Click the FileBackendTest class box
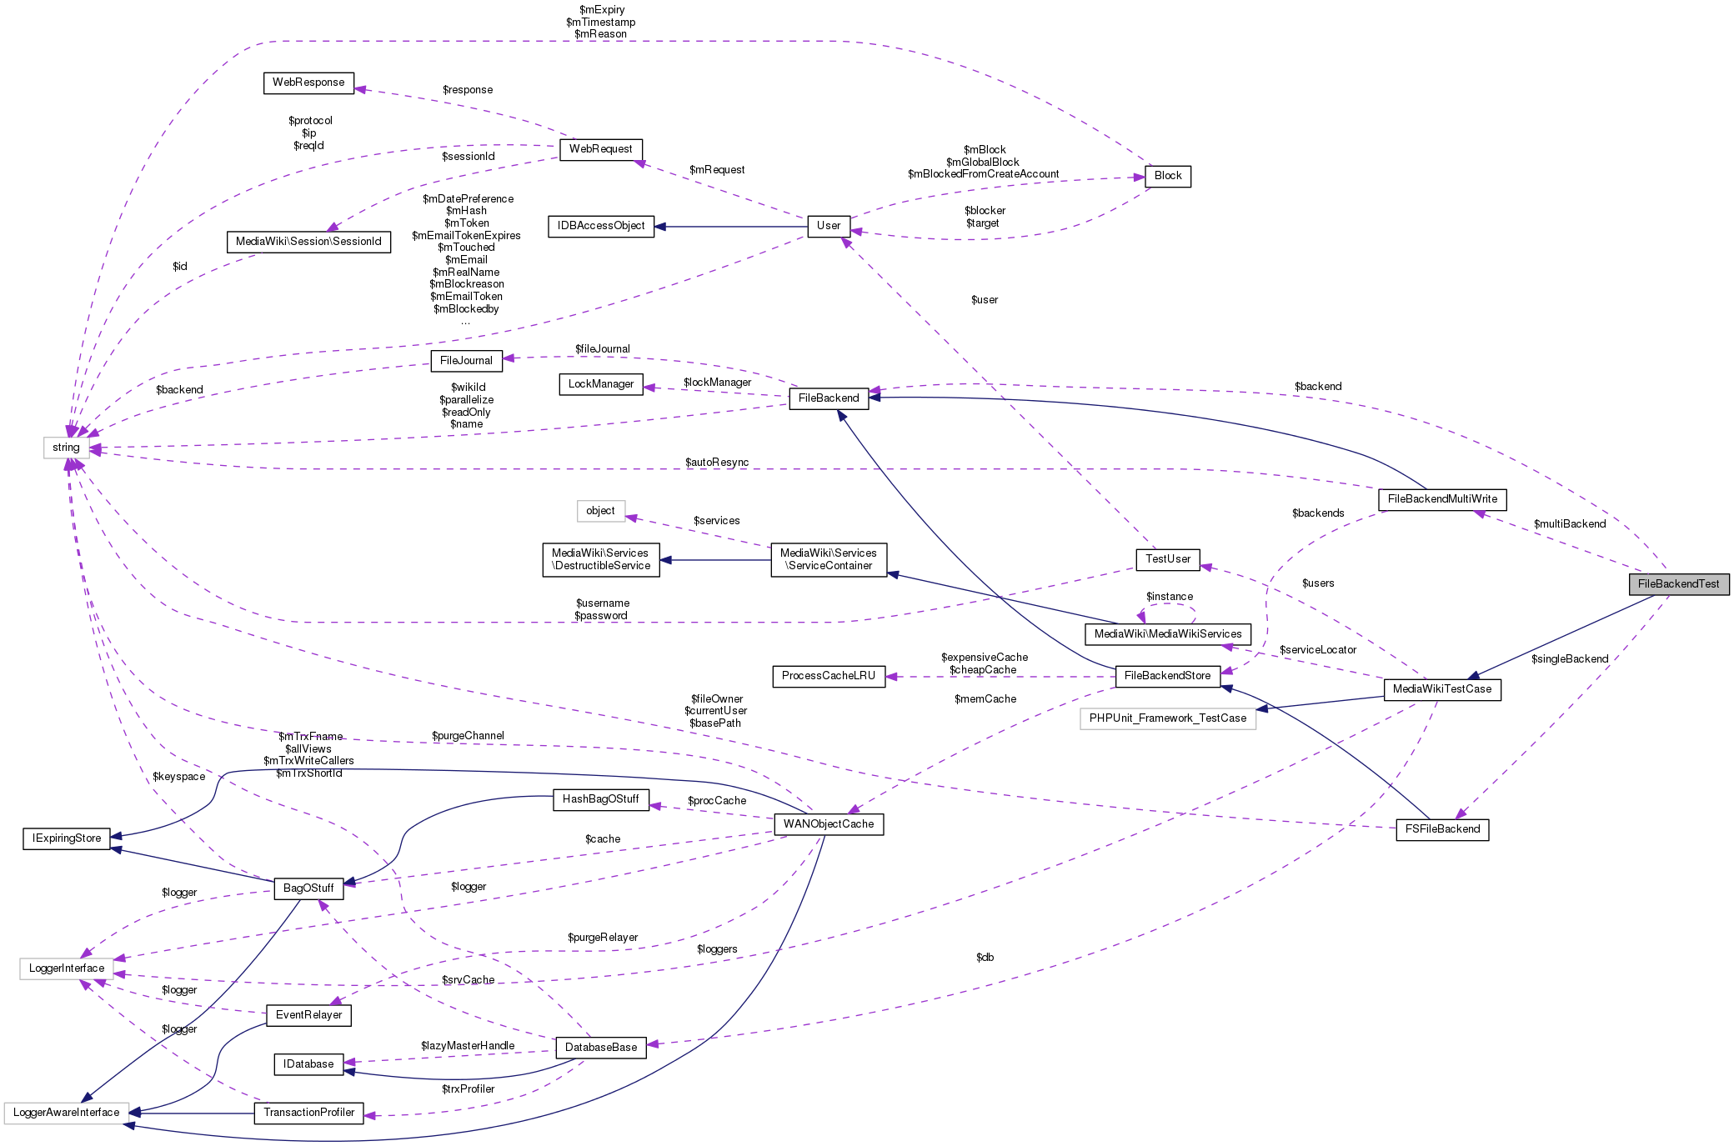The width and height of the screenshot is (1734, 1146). [x=1678, y=584]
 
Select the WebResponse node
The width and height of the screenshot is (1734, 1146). [x=308, y=83]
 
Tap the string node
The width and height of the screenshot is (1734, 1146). [x=66, y=448]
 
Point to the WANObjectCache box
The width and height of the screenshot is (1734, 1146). [x=828, y=824]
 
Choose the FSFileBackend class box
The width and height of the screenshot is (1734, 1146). [x=1442, y=829]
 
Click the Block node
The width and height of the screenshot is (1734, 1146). [x=1168, y=176]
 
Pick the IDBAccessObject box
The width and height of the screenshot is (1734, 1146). [x=600, y=226]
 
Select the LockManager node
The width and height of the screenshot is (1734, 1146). [x=600, y=384]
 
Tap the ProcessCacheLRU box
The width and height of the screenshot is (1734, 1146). [x=828, y=676]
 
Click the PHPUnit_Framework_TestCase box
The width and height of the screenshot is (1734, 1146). [x=1167, y=718]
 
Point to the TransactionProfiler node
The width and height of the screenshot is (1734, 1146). [x=308, y=1113]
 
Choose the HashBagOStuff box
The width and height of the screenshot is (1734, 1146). [x=600, y=799]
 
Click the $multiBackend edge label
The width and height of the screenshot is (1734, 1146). [x=1569, y=524]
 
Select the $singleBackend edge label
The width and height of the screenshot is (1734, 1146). [x=1569, y=659]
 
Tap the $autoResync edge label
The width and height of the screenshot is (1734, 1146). [x=717, y=463]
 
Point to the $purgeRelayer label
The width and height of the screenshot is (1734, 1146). [x=603, y=938]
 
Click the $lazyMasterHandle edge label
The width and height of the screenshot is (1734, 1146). [x=468, y=1046]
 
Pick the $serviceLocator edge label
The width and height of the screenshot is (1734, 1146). [x=1317, y=650]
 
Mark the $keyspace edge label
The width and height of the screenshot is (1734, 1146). [x=178, y=777]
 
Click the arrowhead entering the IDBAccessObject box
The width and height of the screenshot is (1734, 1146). [x=661, y=226]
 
